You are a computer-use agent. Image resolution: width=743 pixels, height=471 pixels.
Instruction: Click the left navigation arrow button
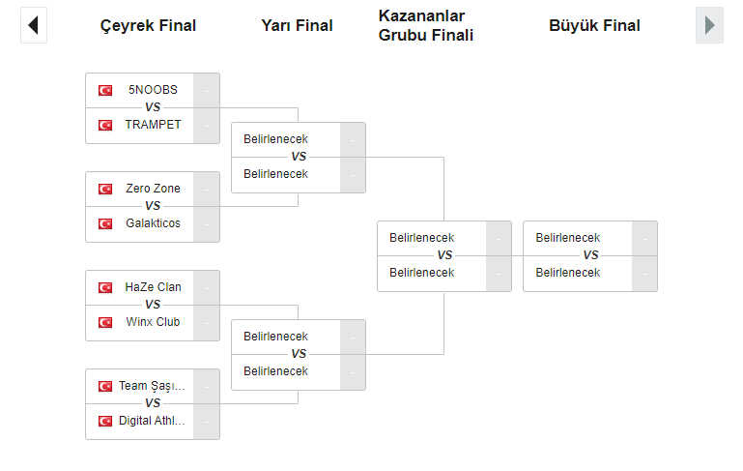33,25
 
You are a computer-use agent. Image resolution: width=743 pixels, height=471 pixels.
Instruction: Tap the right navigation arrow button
709,25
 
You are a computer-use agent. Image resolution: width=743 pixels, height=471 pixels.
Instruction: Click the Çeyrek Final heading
148,26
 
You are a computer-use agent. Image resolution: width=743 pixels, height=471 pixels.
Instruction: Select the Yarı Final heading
297,26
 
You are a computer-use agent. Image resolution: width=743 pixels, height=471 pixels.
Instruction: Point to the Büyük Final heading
594,26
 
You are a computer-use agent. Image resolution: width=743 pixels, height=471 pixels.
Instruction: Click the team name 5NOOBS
153,90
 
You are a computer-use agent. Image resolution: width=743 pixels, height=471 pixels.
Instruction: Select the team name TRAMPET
153,125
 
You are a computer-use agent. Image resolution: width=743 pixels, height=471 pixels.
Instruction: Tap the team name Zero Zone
153,189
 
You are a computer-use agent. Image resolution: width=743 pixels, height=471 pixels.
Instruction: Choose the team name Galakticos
153,223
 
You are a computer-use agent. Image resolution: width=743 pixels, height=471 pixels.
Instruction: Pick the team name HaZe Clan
153,287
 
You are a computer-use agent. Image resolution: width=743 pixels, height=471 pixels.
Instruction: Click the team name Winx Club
153,322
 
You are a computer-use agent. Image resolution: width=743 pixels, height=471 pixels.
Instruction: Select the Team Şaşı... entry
152,386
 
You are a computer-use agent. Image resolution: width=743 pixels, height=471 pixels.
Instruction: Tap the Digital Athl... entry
152,421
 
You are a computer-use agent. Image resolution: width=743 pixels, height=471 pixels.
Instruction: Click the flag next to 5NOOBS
105,90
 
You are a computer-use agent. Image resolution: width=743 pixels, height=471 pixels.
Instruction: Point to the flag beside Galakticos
105,223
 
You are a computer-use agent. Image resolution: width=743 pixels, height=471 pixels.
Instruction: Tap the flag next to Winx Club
105,322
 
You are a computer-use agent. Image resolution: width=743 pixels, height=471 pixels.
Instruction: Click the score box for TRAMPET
206,126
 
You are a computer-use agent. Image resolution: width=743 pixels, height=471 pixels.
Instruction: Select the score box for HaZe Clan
206,287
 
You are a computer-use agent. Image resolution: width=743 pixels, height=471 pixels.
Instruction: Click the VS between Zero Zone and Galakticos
153,206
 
